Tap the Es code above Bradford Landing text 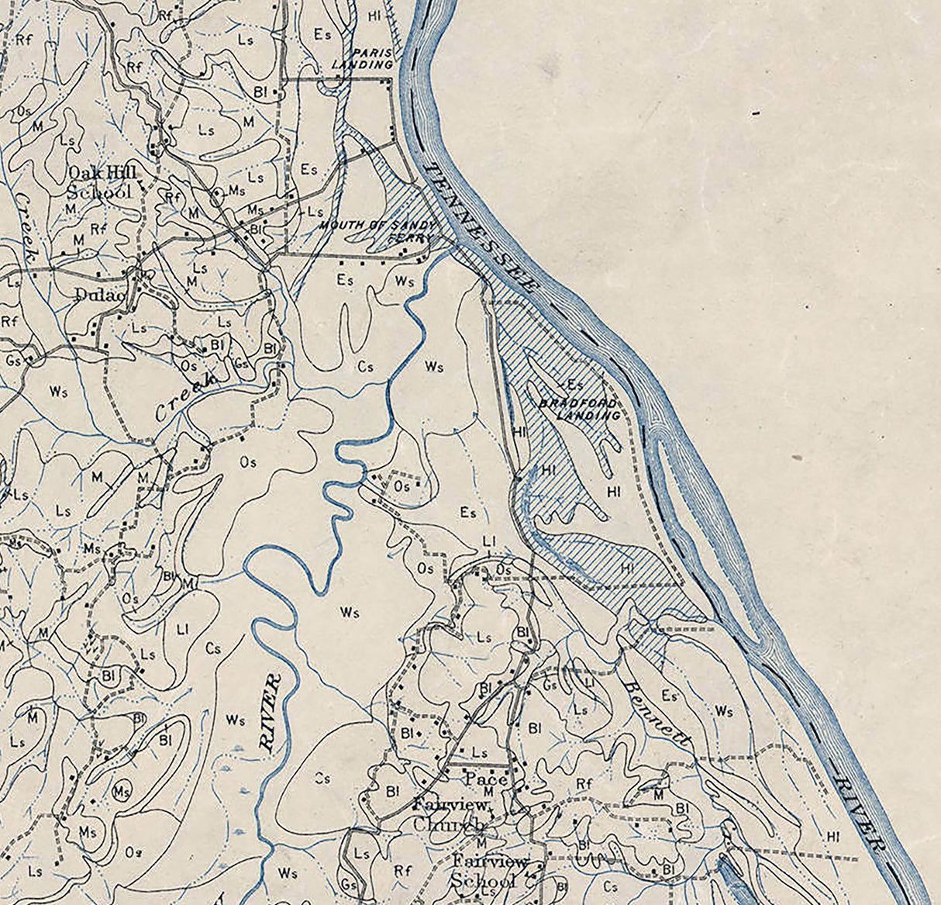[x=574, y=384]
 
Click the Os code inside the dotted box [x=401, y=486]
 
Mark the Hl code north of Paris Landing [x=375, y=15]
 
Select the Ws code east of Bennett [x=723, y=710]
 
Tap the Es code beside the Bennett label [x=670, y=696]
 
